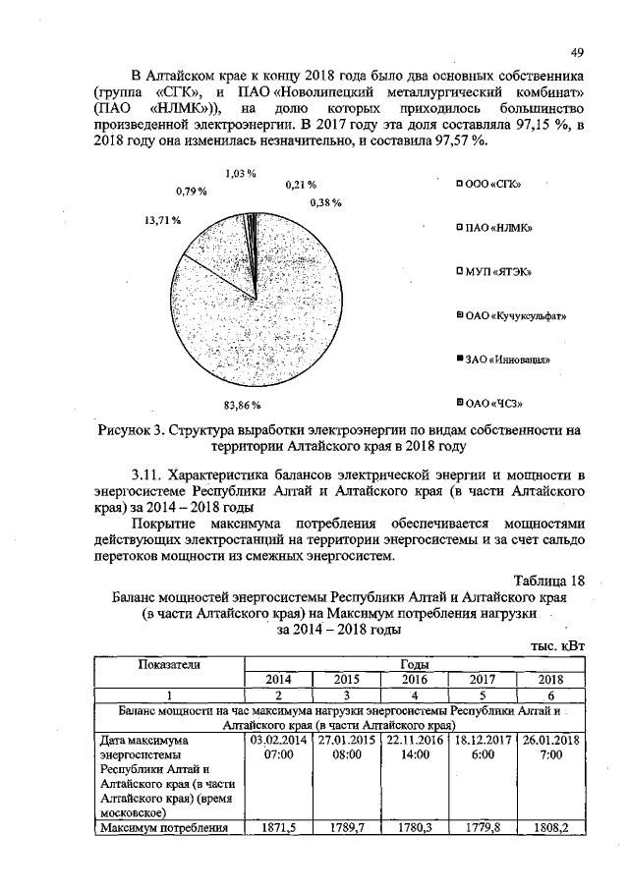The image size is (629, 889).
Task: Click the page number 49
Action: pyautogui.click(x=576, y=52)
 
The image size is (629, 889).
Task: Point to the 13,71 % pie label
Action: pyautogui.click(x=161, y=220)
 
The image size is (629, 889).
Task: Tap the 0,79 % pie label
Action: pyautogui.click(x=191, y=190)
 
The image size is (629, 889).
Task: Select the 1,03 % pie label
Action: pyautogui.click(x=240, y=174)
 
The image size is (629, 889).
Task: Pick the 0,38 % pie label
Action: pyautogui.click(x=324, y=202)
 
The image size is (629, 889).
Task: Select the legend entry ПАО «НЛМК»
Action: pyautogui.click(x=494, y=228)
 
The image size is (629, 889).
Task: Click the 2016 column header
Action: pyautogui.click(x=414, y=679)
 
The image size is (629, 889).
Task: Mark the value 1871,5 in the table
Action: pyautogui.click(x=278, y=828)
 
